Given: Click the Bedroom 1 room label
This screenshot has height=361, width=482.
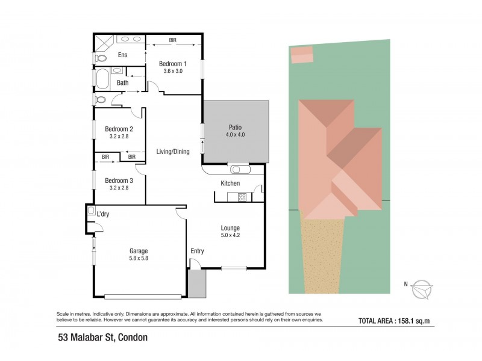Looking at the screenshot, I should [172, 64].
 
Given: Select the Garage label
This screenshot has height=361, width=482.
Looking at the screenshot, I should [139, 251].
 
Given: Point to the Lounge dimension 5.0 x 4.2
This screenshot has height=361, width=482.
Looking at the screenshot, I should [230, 235].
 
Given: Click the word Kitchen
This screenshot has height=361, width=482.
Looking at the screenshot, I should [230, 183].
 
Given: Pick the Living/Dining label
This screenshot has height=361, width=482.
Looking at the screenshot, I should [173, 152].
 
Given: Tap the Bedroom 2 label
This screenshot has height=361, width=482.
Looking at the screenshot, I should [119, 129].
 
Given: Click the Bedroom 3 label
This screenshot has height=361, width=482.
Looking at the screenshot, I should [119, 180].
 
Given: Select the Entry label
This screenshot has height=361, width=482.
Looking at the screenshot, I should [198, 251].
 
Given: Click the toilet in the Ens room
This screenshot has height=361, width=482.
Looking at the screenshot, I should [100, 58].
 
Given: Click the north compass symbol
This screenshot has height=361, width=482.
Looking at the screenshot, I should [423, 289].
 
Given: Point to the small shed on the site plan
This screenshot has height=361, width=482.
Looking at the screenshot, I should [301, 55].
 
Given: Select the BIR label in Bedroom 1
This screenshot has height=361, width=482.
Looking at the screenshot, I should [173, 40].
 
